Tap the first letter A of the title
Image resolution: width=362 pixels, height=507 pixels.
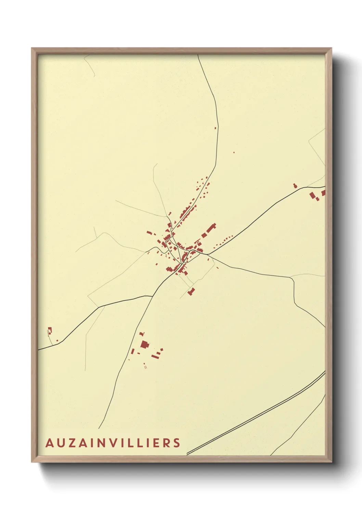pos(49,443)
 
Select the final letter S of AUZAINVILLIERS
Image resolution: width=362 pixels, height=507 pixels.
pos(177,443)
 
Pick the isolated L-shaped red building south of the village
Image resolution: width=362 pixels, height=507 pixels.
pos(191,292)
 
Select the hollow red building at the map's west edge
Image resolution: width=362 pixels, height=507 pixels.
pos(50,331)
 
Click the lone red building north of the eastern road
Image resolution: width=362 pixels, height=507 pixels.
pos(295,186)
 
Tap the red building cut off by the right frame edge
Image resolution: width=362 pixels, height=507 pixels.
pos(323,193)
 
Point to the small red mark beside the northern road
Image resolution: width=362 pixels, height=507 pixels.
pos(216,128)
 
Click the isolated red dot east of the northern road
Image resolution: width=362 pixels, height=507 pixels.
pos(234,152)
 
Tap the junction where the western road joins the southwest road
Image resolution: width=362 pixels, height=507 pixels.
pos(153,296)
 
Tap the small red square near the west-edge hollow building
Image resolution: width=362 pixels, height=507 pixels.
pos(57,341)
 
